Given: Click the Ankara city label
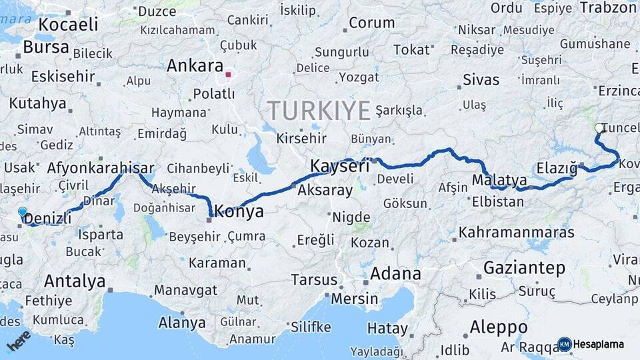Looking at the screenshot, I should click(194, 66).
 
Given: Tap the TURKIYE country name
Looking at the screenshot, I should click(318, 109).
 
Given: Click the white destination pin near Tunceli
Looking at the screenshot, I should click(599, 129).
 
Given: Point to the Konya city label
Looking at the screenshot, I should click(239, 212).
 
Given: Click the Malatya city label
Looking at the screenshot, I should click(499, 181).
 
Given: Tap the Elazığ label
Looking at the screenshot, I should click(557, 169).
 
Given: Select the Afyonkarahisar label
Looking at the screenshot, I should click(101, 169).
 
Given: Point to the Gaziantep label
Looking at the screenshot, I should click(524, 268).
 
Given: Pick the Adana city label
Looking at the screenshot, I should click(395, 273).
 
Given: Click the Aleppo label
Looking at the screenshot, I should click(499, 327).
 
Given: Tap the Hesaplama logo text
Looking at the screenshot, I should click(598, 344).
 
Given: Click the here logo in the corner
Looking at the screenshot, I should click(19, 340).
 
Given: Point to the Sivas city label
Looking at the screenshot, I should click(481, 80).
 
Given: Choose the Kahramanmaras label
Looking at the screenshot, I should click(517, 233).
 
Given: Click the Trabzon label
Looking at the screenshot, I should click(609, 7).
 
